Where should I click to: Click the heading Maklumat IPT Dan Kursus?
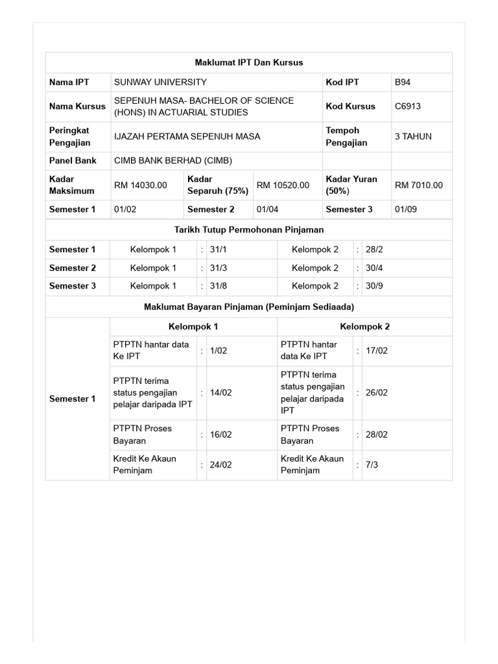249,63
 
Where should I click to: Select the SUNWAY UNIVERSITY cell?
161,82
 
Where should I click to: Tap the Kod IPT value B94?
403,82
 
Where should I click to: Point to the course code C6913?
408,106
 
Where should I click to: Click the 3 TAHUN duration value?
413,137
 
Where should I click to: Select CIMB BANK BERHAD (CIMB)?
173,161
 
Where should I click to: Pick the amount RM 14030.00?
141,185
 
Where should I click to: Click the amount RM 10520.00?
283,185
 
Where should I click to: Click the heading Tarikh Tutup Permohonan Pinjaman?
249,230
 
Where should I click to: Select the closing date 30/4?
375,268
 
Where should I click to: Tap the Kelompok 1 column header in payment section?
193,327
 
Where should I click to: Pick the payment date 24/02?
221,465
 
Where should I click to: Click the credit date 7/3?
372,465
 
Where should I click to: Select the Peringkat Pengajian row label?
69,137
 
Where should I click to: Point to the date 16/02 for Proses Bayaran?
221,435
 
